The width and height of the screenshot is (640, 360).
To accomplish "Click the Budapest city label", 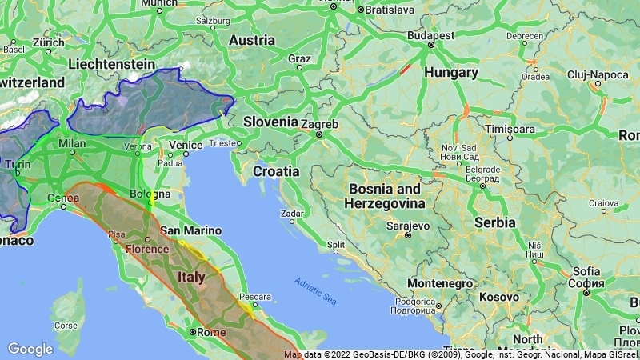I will (430, 35).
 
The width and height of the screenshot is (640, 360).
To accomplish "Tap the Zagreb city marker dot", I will (319, 134).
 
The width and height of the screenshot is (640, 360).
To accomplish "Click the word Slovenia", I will (270, 122).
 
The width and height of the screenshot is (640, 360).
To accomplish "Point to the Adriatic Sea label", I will (314, 290).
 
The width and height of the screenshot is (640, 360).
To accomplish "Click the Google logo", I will (30, 349).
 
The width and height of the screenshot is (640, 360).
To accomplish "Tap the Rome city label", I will (209, 332).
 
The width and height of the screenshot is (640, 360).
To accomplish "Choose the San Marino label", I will (190, 230).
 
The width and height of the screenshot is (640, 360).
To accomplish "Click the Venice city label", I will (185, 145).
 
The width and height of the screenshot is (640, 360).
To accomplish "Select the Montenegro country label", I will (440, 283).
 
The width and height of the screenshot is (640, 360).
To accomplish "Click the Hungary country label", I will (450, 73).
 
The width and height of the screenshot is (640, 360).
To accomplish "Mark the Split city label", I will (336, 245).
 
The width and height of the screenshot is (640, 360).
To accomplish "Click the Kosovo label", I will (498, 297).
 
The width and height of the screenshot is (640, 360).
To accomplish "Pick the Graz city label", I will (299, 58).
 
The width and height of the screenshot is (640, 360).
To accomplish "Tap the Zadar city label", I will (292, 214).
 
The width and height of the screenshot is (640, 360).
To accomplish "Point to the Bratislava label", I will (390, 10).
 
